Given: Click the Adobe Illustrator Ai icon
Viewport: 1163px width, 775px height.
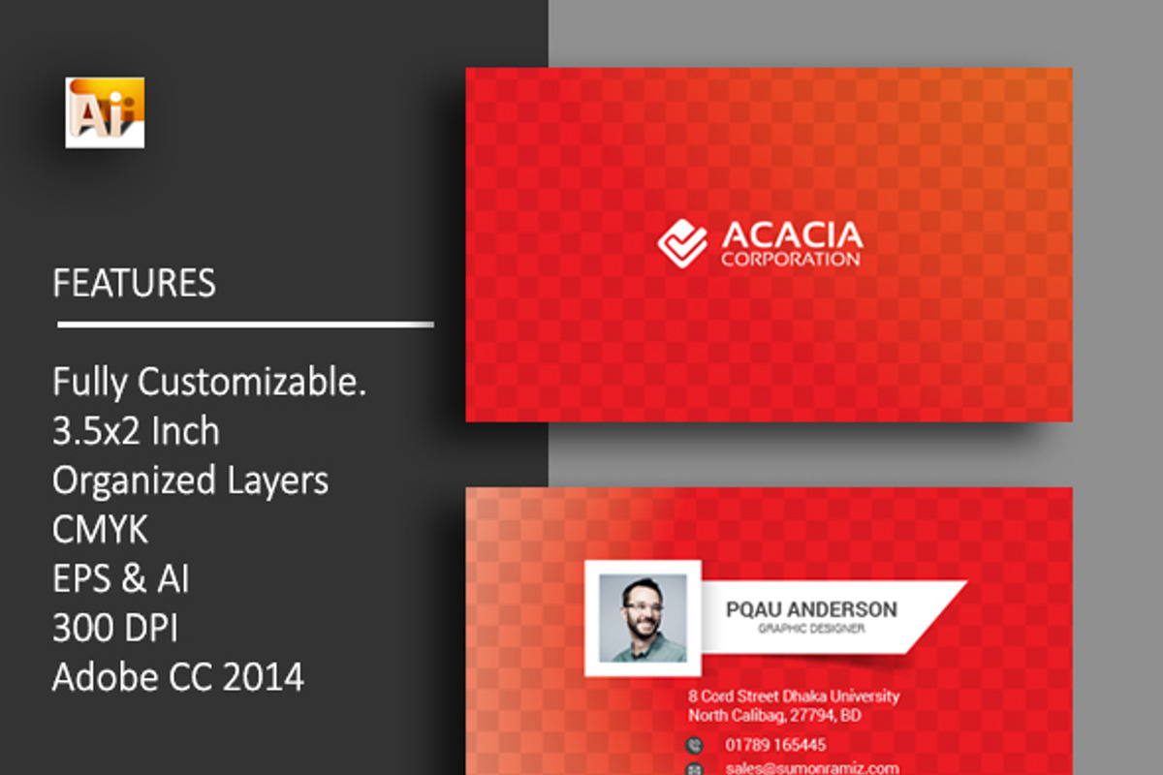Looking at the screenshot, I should pos(105,112).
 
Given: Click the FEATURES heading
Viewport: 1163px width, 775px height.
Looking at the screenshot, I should pos(134,283).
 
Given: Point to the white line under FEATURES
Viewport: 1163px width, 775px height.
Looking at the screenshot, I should pos(245,325).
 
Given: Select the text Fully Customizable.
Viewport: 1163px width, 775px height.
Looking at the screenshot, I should pos(209,382).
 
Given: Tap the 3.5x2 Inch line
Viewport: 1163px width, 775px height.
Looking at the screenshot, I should pos(136,431).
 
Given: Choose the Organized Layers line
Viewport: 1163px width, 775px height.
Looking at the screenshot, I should pos(190,480).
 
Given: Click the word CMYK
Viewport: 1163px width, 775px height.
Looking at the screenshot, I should pos(101,530).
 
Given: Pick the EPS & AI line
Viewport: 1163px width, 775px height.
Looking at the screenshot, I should pos(121,578).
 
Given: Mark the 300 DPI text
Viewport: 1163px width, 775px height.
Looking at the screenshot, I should pos(115,628).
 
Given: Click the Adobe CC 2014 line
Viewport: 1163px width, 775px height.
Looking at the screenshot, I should pos(178,676).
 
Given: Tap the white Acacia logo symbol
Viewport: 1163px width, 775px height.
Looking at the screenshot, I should pos(682,242).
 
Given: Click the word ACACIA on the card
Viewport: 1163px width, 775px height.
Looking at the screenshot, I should pos(791,235).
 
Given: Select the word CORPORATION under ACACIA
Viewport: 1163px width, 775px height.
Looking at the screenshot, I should pos(790,260).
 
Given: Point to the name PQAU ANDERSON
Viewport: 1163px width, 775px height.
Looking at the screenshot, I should pos(811,609).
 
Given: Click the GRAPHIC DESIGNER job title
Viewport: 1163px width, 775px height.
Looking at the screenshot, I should pos(811,630).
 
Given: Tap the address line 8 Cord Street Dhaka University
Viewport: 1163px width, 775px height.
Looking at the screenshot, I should pos(794,696).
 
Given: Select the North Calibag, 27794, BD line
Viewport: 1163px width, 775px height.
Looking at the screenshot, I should pos(774,716).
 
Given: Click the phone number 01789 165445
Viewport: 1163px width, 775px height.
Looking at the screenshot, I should pos(775,745).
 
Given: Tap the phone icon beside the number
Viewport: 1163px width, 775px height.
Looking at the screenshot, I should pos(694,745).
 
